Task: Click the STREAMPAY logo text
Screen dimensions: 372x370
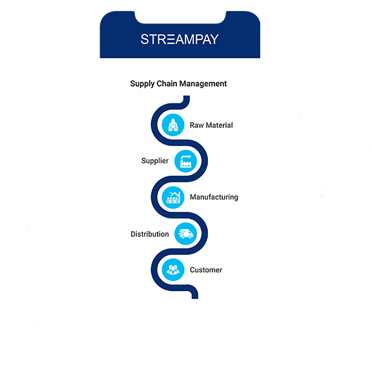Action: pyautogui.click(x=180, y=39)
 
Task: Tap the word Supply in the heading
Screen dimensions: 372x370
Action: pyautogui.click(x=142, y=84)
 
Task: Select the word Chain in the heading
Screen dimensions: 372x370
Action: pyautogui.click(x=167, y=83)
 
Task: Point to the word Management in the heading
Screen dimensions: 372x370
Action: pyautogui.click(x=203, y=84)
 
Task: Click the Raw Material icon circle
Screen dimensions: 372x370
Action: pyautogui.click(x=173, y=125)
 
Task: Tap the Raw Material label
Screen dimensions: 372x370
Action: pyautogui.click(x=211, y=125)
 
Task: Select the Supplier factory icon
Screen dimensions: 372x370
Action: pyautogui.click(x=185, y=161)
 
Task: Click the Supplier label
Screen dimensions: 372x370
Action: pyautogui.click(x=155, y=161)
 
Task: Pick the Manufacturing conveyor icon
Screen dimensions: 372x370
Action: pyautogui.click(x=173, y=198)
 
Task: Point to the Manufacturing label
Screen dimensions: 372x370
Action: pyautogui.click(x=214, y=198)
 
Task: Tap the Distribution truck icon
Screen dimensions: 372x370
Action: pyautogui.click(x=185, y=234)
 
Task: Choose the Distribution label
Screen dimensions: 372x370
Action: pyautogui.click(x=150, y=234)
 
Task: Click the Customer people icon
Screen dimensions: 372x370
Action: pyautogui.click(x=173, y=270)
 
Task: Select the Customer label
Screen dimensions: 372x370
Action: pyautogui.click(x=206, y=270)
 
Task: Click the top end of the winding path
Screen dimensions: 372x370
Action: pyautogui.click(x=187, y=96)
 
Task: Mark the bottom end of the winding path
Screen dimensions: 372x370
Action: pyautogui.click(x=195, y=298)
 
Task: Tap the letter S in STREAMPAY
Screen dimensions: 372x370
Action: pyautogui.click(x=145, y=39)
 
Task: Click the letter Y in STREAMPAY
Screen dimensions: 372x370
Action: pyautogui.click(x=214, y=39)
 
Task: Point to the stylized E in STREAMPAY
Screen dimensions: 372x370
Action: pyautogui.click(x=170, y=39)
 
